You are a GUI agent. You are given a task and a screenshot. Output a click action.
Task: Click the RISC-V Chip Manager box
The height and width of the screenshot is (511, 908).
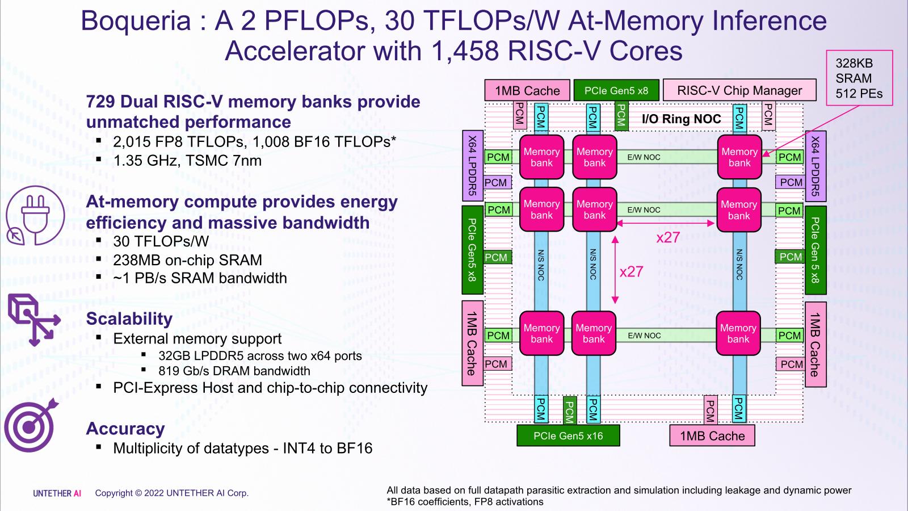click(x=739, y=90)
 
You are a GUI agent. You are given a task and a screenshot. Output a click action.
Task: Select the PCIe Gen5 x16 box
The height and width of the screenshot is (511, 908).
click(x=568, y=436)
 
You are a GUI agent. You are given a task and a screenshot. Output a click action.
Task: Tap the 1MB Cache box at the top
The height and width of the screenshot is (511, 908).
click(x=527, y=91)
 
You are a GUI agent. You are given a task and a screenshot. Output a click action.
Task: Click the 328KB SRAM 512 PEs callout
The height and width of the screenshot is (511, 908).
click(x=859, y=78)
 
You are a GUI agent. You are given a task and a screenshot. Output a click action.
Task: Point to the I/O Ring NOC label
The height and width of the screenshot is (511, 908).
click(x=681, y=119)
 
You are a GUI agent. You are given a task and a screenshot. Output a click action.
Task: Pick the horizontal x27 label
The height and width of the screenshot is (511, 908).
click(x=668, y=237)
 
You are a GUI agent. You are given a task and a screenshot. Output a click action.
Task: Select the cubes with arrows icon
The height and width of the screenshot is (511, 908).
click(x=33, y=319)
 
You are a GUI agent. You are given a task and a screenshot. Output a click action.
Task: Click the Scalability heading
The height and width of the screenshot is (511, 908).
click(x=129, y=319)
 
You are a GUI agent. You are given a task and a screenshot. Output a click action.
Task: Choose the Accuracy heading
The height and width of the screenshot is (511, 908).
click(x=125, y=429)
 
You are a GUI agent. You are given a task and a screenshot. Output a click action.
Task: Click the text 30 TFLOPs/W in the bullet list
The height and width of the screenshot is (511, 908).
click(x=161, y=241)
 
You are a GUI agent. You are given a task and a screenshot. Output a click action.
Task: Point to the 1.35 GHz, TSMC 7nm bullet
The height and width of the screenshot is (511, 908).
click(x=187, y=161)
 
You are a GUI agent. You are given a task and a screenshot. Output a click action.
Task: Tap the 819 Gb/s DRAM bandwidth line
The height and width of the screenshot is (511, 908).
click(x=234, y=371)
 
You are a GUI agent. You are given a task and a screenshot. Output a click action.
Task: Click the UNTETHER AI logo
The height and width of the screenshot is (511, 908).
click(x=57, y=493)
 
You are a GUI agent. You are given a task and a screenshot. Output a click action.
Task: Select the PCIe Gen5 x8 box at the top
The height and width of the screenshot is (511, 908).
click(x=616, y=91)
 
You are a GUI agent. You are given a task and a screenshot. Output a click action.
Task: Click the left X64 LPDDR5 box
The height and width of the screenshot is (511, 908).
click(x=472, y=166)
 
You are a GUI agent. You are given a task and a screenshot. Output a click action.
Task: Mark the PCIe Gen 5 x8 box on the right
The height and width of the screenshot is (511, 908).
click(x=815, y=250)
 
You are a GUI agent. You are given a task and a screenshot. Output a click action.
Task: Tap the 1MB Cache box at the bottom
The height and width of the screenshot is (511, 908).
click(x=712, y=436)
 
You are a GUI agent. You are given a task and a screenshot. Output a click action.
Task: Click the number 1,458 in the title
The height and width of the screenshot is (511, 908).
click(x=465, y=51)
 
